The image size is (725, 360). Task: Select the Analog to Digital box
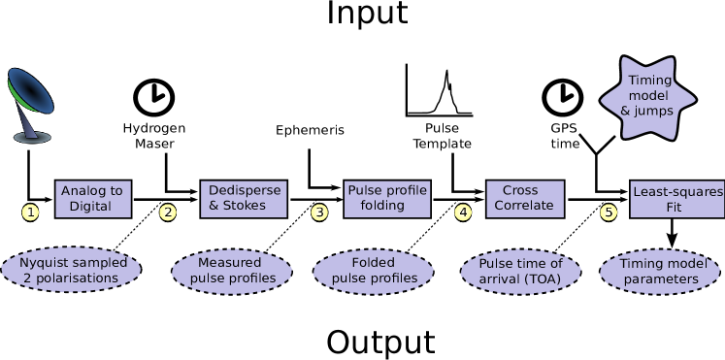point(93,198)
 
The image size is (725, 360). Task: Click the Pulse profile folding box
point(387,198)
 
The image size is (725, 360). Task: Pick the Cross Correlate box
point(526,198)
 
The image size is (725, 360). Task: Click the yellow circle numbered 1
point(31,213)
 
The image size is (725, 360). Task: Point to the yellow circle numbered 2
point(168,213)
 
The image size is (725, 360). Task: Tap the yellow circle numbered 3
point(319,213)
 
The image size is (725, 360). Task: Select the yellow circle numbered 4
point(463,213)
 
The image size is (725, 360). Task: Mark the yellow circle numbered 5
point(609,213)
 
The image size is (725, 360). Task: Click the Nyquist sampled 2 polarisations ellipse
point(73,271)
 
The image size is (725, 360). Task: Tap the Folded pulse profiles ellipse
point(374,271)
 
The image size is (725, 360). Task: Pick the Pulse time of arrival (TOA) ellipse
point(521,271)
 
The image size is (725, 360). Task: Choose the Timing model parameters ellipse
point(660,271)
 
